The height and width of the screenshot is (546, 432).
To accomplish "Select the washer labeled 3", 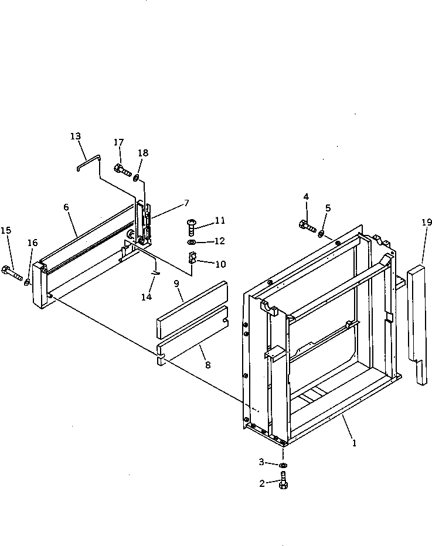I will (x=283, y=465).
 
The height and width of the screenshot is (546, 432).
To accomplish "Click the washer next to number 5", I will (x=322, y=234).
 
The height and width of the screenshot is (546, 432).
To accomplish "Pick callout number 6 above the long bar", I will (x=66, y=207).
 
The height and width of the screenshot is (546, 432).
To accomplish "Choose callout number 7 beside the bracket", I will (x=186, y=203).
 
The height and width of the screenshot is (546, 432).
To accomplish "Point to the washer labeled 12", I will (x=193, y=242).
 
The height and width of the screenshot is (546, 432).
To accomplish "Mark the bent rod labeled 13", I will (x=91, y=161).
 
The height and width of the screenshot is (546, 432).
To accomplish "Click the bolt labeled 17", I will (x=123, y=170).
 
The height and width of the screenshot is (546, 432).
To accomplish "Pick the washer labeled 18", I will (x=136, y=177).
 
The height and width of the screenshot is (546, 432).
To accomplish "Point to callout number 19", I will (x=426, y=222).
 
